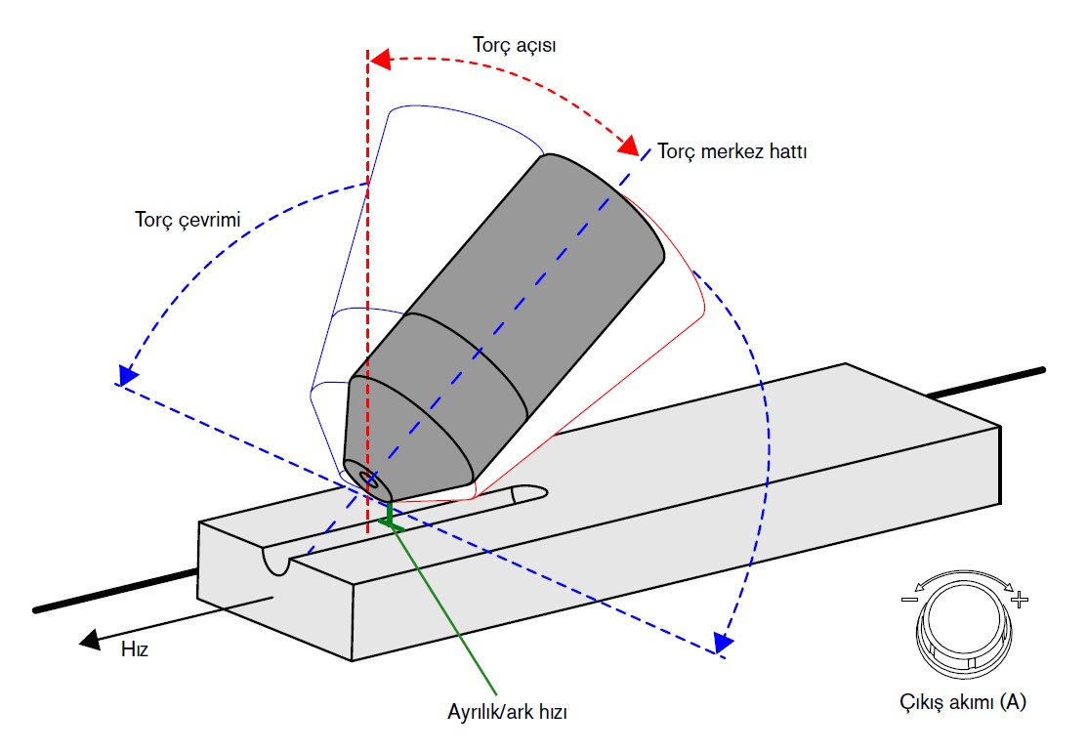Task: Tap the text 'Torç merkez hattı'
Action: [x=732, y=152]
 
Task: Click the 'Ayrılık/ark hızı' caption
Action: [x=501, y=711]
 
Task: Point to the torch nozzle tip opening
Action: [x=371, y=479]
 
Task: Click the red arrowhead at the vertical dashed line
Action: [x=380, y=59]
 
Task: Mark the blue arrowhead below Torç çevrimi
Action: [x=125, y=376]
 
